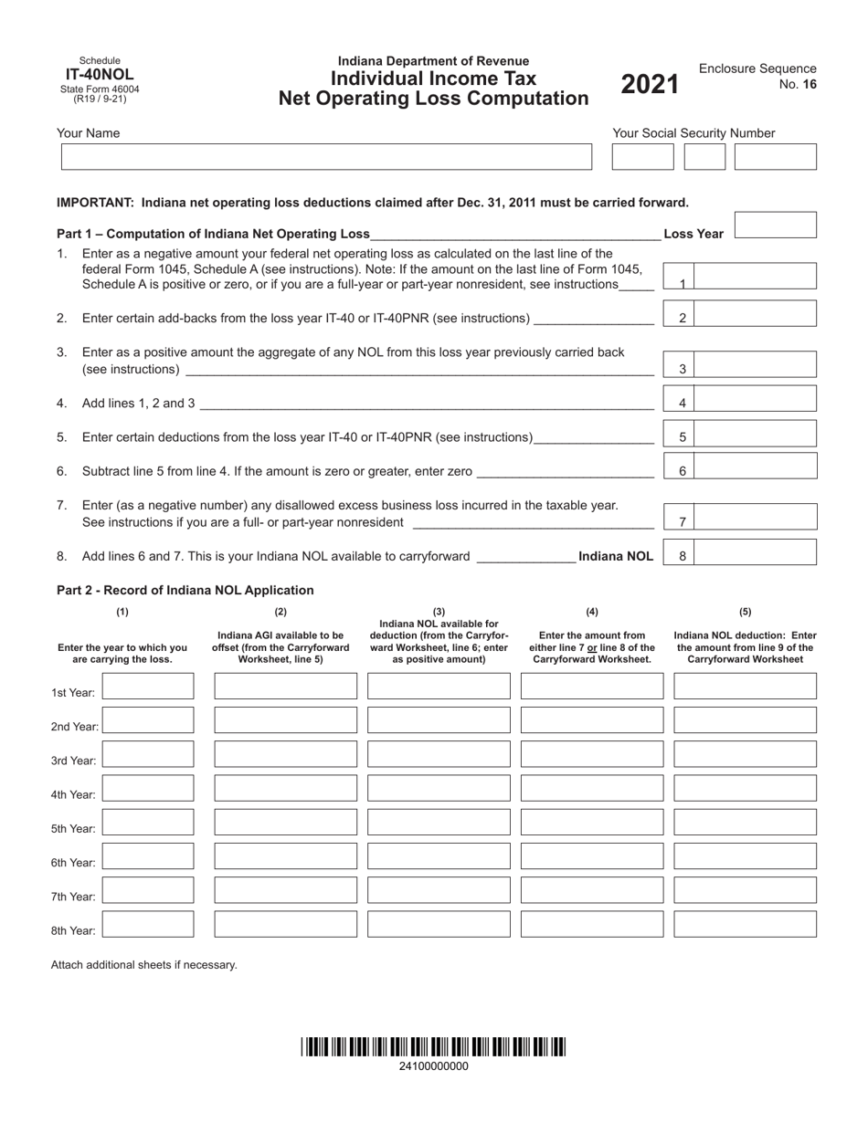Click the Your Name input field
[326, 156]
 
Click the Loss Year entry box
[775, 226]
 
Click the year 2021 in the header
[651, 85]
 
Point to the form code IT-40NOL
[100, 75]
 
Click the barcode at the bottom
[434, 1047]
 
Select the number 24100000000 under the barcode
[434, 1065]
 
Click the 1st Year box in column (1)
[148, 687]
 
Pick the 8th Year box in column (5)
[745, 924]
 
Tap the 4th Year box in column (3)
[439, 789]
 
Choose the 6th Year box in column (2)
[285, 856]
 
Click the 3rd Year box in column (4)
[592, 754]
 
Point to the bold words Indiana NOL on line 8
[616, 556]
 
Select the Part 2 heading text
[185, 591]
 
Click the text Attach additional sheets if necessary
[143, 964]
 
